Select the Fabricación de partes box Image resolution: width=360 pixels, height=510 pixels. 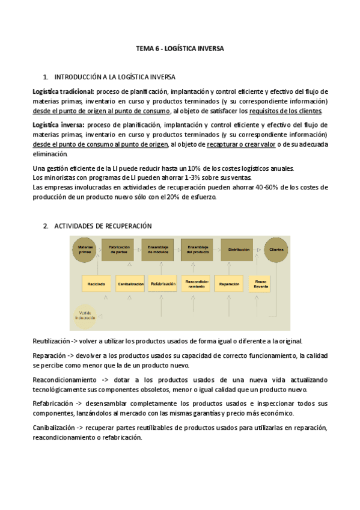(x=117, y=249)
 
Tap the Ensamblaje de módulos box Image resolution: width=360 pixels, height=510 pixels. (x=157, y=249)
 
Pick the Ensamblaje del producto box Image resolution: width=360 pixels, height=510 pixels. (x=197, y=249)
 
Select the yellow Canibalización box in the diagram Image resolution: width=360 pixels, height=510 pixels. (x=130, y=283)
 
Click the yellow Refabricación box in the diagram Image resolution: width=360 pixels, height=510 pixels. (x=163, y=283)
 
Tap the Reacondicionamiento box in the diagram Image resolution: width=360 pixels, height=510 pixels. (x=197, y=283)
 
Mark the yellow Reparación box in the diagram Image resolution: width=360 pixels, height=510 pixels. (x=230, y=283)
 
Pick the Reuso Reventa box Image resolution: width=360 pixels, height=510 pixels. (x=261, y=283)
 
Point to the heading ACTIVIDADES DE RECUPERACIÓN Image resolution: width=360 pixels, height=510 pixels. (x=103, y=226)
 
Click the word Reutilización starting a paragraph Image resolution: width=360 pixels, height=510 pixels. (x=53, y=340)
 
